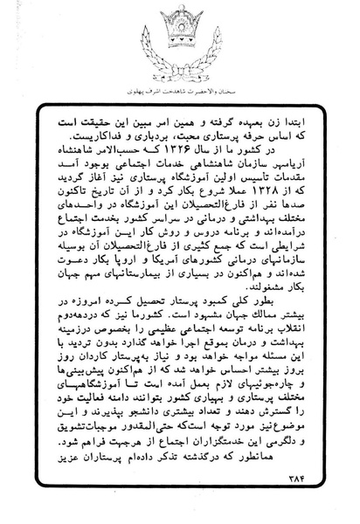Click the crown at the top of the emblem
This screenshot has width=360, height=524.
tap(181, 23)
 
